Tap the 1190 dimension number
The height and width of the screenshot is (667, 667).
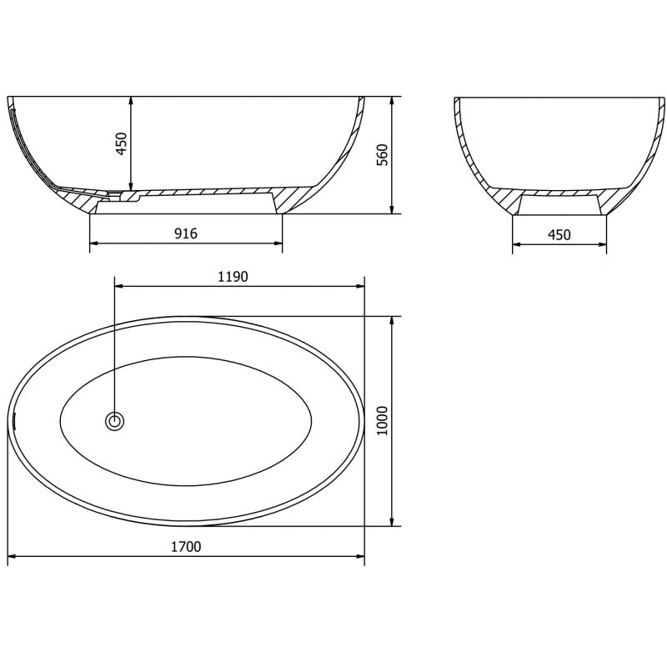[x=233, y=277]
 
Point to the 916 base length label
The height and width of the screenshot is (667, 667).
[x=185, y=233]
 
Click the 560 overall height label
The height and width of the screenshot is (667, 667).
[x=383, y=155]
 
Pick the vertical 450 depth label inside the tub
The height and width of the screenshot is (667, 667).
[x=121, y=143]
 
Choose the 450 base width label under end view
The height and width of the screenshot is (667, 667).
[x=559, y=234]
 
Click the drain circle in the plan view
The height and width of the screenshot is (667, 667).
[x=114, y=421]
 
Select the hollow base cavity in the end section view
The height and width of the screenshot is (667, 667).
[x=559, y=205]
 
